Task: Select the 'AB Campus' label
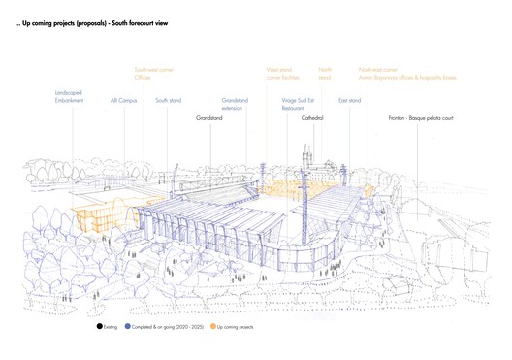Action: pos(122,99)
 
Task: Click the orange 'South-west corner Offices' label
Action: pos(154,74)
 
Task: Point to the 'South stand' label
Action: pos(169,99)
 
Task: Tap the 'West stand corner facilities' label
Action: pos(283,74)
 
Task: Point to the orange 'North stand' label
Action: pos(325,74)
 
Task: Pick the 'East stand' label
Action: pos(349,99)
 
